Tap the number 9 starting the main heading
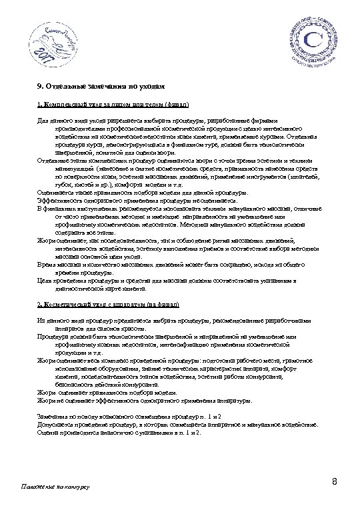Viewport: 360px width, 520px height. coord(38,87)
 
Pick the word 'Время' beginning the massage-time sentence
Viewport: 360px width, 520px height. coord(47,265)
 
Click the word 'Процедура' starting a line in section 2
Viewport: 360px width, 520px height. coord(53,337)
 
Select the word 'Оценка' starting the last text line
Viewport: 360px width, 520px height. coord(47,432)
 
